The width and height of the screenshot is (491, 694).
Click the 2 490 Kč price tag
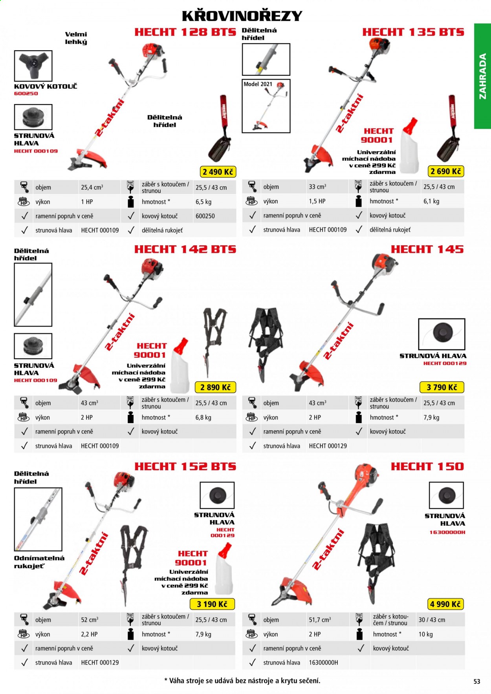coord(218,172)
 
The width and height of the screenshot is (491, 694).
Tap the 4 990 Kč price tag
coord(445,604)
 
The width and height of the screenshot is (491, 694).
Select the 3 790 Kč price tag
coord(442,387)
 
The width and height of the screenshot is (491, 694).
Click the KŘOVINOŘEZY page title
coord(242,16)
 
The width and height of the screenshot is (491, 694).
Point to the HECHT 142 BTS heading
coord(185,249)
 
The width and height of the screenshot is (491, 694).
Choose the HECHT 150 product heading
coord(427,466)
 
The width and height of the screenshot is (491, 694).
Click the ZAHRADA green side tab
coord(482,76)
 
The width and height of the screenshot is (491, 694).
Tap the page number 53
coord(477,681)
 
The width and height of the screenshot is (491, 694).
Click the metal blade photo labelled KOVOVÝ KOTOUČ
coord(33,66)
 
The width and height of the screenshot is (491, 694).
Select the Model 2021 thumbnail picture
coord(266,106)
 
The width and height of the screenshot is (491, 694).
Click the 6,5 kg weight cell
coord(203,202)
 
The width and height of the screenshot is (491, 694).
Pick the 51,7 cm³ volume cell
coord(320,620)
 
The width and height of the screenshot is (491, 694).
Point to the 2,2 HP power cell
coord(89,634)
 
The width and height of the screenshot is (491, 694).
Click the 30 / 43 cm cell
coord(432,620)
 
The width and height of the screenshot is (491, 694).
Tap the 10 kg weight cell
coord(425,634)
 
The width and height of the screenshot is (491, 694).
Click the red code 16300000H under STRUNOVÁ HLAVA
coord(447,532)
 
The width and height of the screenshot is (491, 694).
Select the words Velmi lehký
coord(76,38)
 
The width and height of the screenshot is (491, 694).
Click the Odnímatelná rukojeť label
coord(39,562)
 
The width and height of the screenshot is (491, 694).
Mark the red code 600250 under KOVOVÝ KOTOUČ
coord(26,93)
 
